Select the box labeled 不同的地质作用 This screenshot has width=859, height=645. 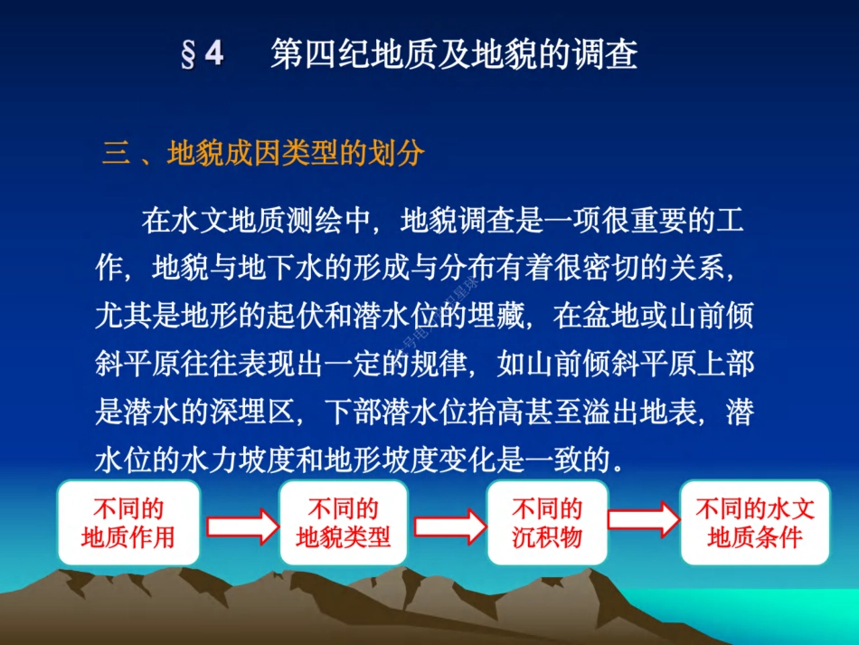127,523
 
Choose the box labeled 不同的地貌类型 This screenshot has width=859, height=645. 344,523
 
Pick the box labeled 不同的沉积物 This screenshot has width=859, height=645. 547,523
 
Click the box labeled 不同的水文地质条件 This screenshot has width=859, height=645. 755,523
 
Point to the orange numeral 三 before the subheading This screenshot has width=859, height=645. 116,155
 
